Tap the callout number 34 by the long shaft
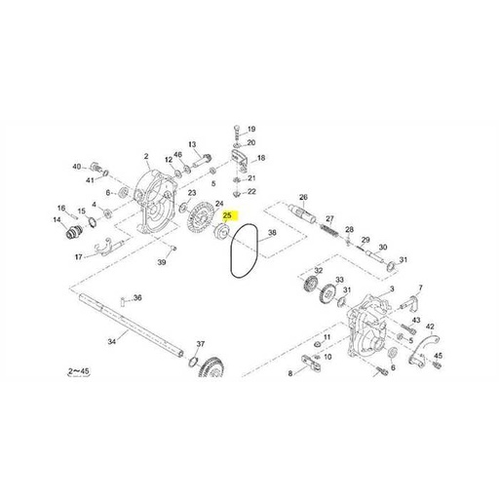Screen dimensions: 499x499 (x=111, y=342)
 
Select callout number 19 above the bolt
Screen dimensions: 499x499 (x=250, y=129)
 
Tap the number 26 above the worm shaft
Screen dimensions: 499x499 (x=303, y=198)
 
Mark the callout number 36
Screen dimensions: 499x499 (x=137, y=298)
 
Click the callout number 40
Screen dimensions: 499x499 (x=76, y=167)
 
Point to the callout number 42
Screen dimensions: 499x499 (x=431, y=326)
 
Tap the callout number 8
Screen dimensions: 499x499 (x=289, y=374)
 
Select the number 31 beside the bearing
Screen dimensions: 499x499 (x=403, y=260)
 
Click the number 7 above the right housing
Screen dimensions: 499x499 (x=420, y=288)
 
